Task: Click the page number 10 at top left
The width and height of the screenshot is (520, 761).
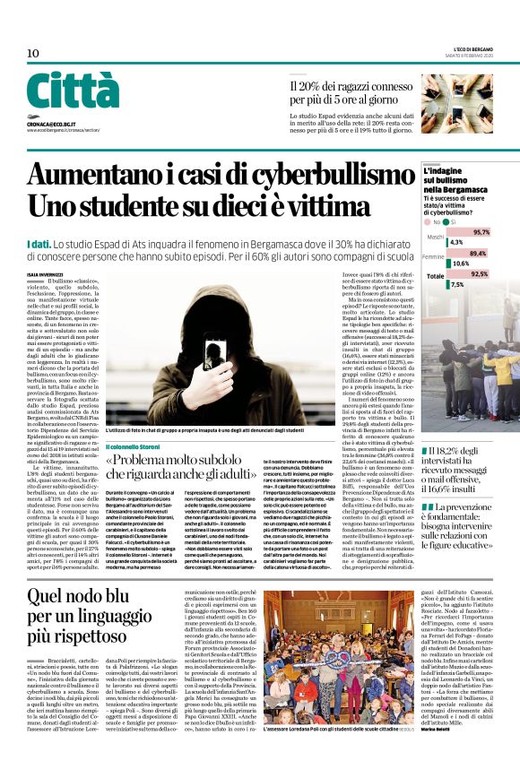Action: pos(33,54)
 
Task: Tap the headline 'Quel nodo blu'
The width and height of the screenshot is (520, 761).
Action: pos(77,596)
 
